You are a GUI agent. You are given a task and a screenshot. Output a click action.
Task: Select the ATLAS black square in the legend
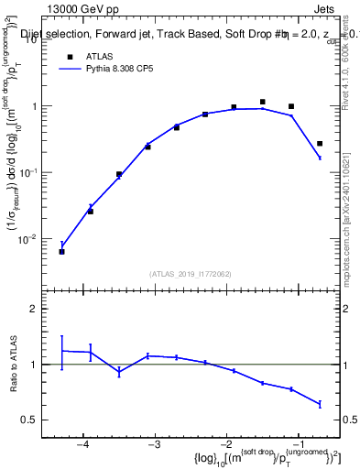click(x=70, y=57)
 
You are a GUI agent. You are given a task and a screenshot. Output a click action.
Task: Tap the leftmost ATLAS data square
click(x=61, y=251)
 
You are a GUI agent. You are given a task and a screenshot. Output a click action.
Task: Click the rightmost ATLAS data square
click(x=320, y=144)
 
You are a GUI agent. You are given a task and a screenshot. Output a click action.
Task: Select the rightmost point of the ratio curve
click(x=320, y=404)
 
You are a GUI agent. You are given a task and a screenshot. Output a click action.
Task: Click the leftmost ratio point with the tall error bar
click(x=61, y=351)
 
